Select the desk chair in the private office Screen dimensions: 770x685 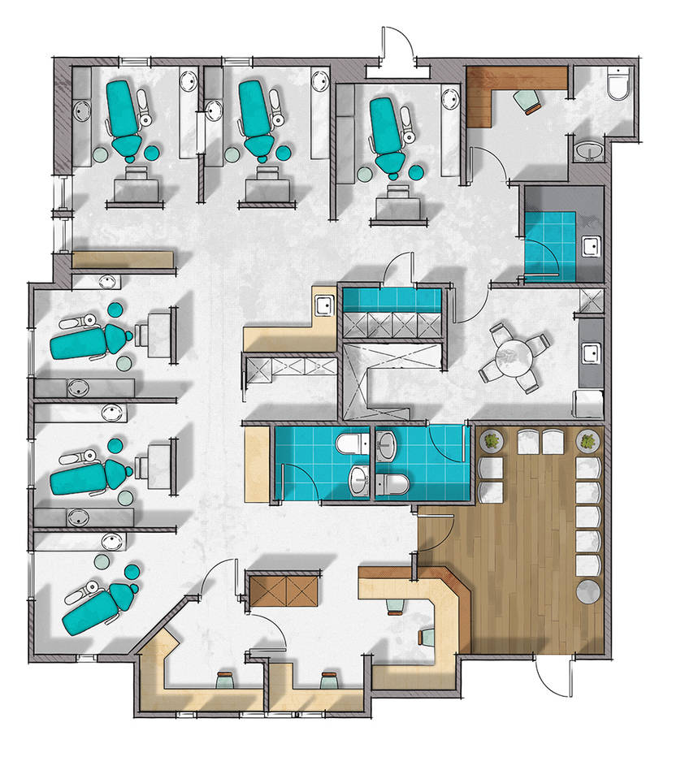(x=527, y=100)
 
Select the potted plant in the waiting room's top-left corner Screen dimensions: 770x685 (x=492, y=442)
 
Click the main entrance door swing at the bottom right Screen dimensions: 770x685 (x=553, y=674)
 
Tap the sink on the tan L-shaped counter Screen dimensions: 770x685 (x=323, y=305)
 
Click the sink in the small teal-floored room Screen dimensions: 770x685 (x=592, y=245)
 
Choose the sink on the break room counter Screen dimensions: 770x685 (x=591, y=353)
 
